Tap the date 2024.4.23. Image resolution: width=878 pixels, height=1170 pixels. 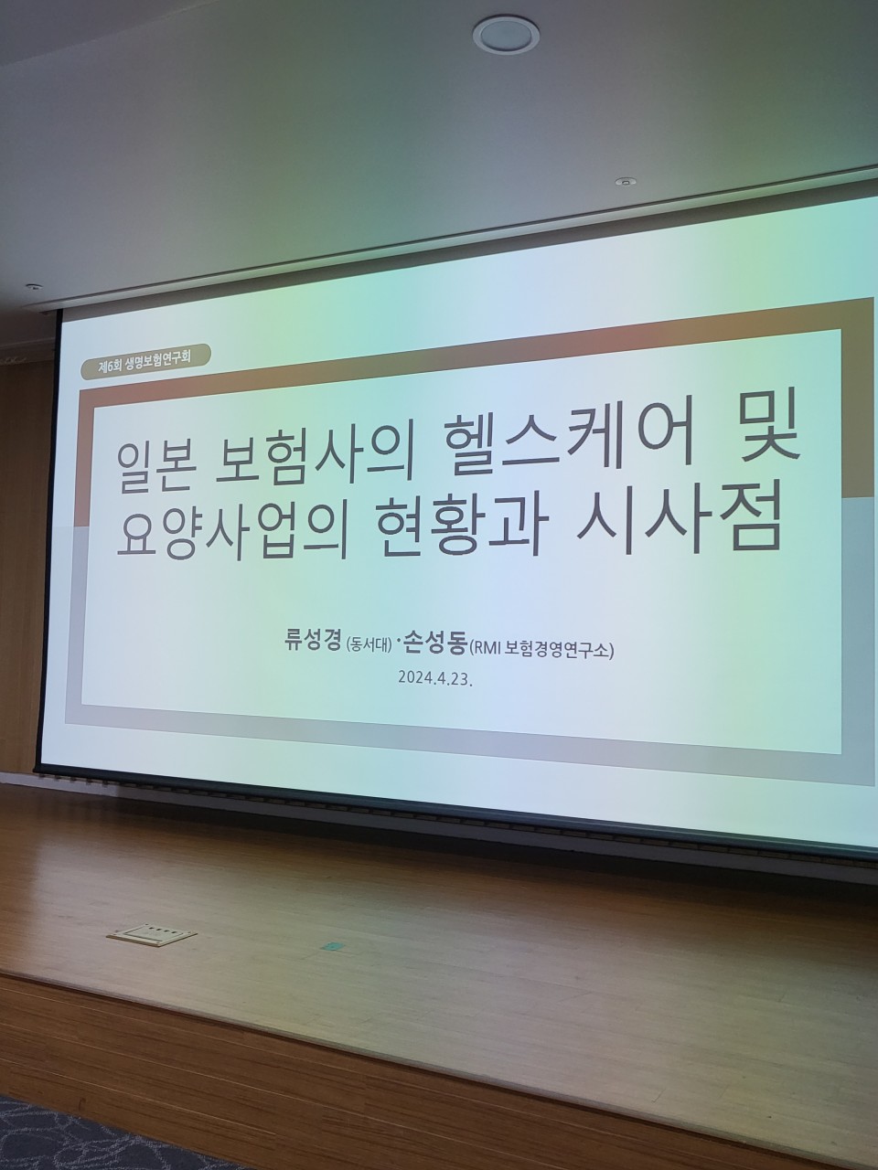click(435, 678)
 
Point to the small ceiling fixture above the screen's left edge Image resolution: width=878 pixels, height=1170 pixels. click(33, 286)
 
